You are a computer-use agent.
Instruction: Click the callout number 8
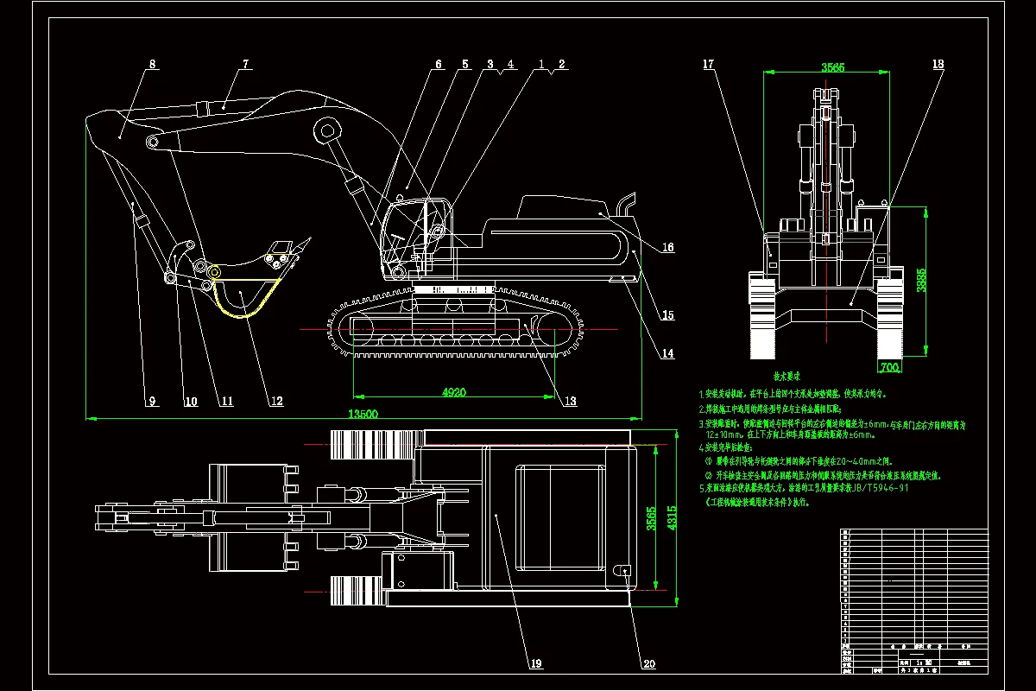[152, 64]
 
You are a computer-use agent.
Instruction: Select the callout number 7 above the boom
[245, 64]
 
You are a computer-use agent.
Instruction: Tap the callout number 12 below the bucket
[275, 401]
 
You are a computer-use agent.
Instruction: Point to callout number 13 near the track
[570, 401]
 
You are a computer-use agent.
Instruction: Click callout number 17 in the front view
[708, 64]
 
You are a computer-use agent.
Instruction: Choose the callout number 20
[647, 664]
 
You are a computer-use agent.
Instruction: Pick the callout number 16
[667, 247]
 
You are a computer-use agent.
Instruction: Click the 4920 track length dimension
[454, 391]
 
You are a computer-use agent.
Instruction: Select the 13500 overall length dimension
[363, 414]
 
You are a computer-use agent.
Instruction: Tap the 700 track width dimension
[889, 367]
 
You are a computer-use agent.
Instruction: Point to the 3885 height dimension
[921, 281]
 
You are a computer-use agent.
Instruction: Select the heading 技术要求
[785, 377]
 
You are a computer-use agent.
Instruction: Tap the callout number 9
[151, 401]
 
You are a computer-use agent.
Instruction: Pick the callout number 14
[667, 353]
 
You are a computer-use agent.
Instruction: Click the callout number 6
[438, 64]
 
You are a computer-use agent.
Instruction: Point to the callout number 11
[226, 401]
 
